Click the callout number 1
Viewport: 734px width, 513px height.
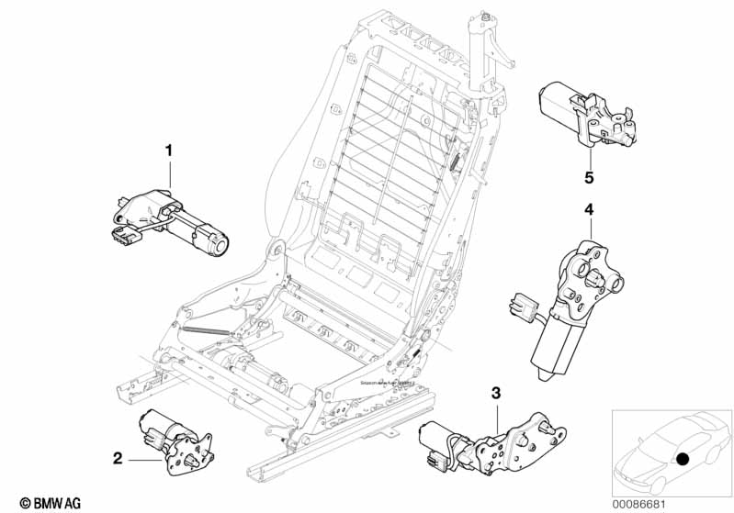[168, 150]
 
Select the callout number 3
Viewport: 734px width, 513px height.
[496, 393]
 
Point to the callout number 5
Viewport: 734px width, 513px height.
[589, 175]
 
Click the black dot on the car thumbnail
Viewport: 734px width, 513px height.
[683, 459]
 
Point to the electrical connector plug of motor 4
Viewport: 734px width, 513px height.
[521, 304]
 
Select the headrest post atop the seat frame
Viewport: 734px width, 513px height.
[480, 46]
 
